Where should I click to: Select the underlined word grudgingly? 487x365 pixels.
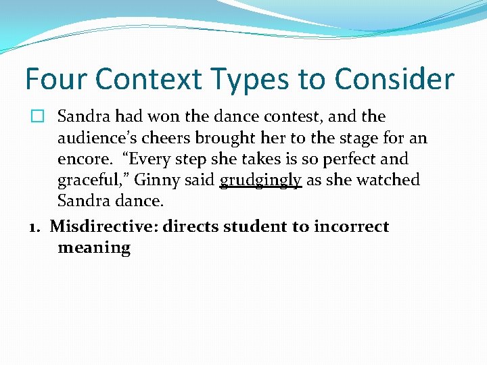click(260, 181)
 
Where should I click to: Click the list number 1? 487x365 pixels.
click(34, 226)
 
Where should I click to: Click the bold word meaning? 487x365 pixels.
click(94, 247)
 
